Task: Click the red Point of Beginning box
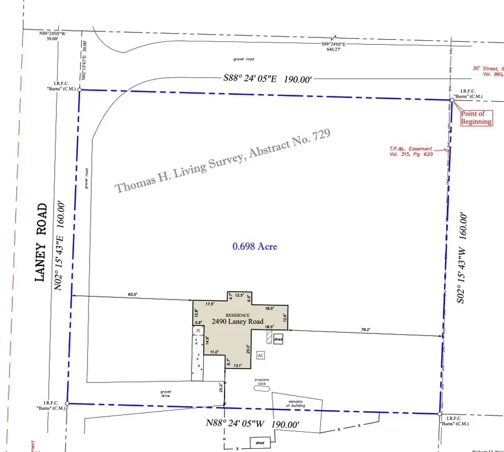pyautogui.click(x=476, y=118)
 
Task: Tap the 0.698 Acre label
pyautogui.click(x=255, y=246)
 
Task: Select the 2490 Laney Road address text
pyautogui.click(x=237, y=321)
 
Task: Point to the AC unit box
pyautogui.click(x=260, y=355)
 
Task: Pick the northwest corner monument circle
pyautogui.click(x=80, y=90)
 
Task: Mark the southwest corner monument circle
pyautogui.click(x=67, y=403)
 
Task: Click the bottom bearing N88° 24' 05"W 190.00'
pyautogui.click(x=255, y=426)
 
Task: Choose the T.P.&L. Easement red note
pyautogui.click(x=411, y=151)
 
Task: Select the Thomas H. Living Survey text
pyautogui.click(x=223, y=161)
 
